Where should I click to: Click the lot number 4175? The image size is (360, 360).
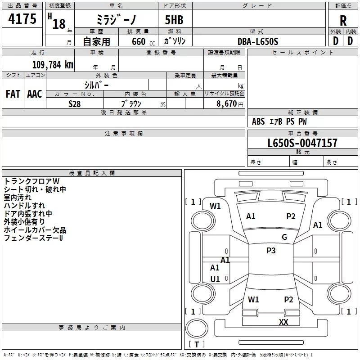22,18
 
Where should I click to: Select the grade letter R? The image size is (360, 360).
343,21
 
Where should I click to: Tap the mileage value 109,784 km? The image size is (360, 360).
53,65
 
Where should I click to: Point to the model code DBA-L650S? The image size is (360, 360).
258,41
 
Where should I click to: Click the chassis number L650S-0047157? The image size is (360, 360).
302,143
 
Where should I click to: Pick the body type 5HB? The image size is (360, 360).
174,20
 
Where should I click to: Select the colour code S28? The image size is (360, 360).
75,104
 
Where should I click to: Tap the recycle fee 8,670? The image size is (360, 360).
226,104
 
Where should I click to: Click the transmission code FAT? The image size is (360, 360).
13,94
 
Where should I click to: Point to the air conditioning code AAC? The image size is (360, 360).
35,94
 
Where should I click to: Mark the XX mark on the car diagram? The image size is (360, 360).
283,322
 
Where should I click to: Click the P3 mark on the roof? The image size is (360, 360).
271,250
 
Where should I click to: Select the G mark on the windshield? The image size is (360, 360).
284,237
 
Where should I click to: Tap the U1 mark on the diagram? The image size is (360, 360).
215,279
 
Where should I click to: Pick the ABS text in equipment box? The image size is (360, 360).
258,121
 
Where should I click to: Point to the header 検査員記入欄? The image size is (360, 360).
92,173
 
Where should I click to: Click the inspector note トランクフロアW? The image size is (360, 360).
31,181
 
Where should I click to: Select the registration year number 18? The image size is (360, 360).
59,24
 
